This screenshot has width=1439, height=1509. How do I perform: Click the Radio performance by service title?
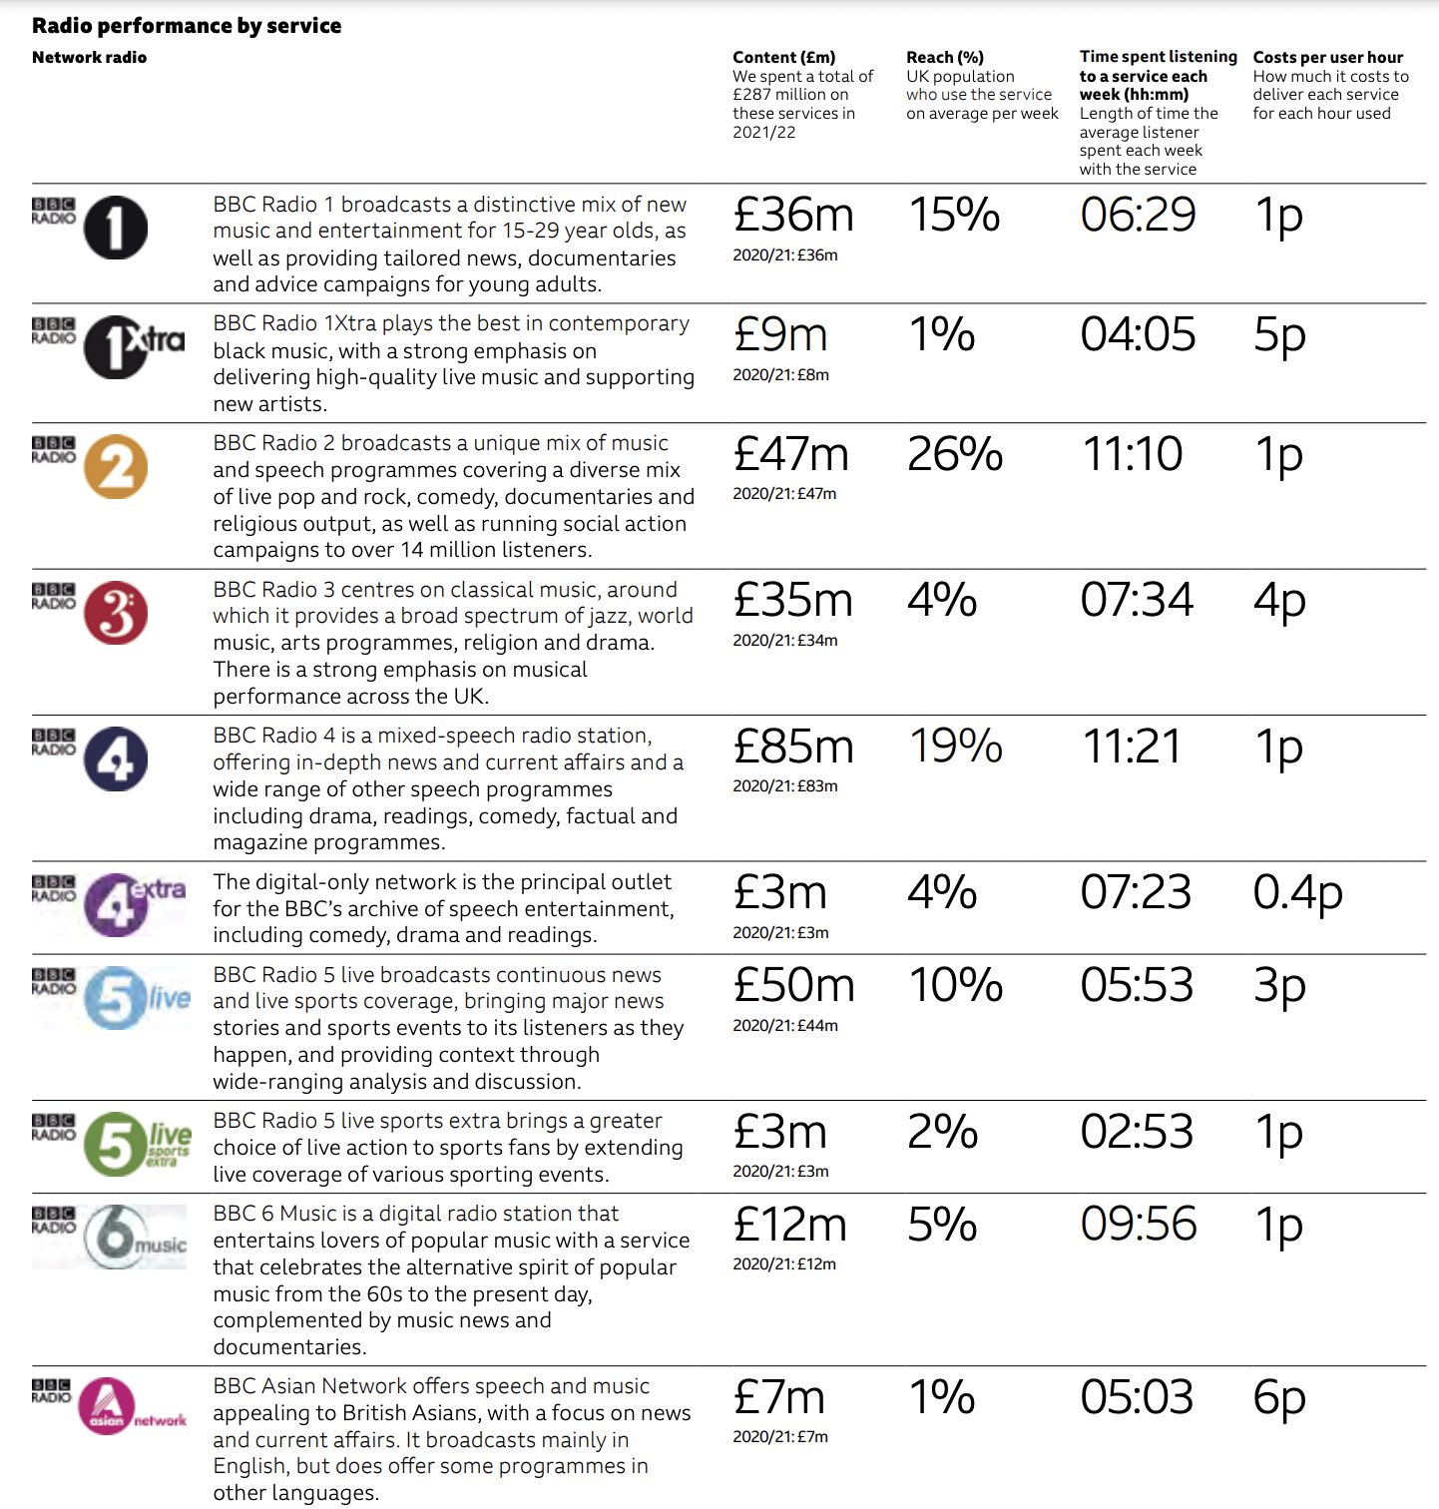pos(187,26)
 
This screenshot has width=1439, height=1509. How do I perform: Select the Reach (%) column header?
pos(944,58)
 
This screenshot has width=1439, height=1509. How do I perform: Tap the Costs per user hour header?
pos(1327,58)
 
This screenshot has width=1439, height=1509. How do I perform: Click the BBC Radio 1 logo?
pos(115,228)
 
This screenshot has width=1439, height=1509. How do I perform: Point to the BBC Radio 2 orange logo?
pos(115,467)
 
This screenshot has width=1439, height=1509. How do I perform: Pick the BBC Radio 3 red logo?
pos(115,613)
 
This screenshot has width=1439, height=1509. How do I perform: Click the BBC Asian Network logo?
pos(108,1406)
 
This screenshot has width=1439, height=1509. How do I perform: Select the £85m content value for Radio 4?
pos(793,747)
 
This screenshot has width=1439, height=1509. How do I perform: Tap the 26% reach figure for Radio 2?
pos(955,454)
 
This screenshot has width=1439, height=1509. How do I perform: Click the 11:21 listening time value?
pos(1132,747)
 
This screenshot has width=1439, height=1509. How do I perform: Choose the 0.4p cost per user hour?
pos(1297,892)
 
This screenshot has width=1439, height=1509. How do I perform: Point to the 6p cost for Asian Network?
pos(1279,1397)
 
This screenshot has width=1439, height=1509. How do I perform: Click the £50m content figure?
pos(793,986)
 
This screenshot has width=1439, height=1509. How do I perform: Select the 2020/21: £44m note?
pos(785,1025)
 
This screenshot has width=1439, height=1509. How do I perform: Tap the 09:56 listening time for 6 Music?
pos(1138,1225)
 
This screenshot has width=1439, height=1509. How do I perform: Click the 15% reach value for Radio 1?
pos(954,215)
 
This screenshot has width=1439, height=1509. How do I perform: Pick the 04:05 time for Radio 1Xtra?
pos(1138,334)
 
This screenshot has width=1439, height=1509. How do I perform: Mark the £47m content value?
pos(790,454)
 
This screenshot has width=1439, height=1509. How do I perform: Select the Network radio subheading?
pos(89,58)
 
